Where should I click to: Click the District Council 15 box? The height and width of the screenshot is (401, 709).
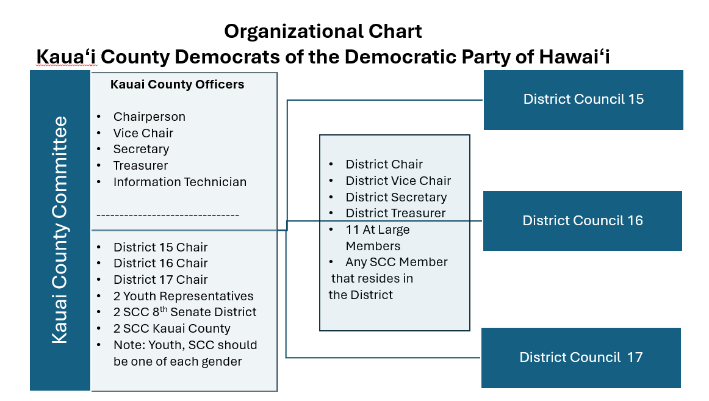[583, 100]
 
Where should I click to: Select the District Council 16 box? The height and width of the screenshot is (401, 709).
[582, 220]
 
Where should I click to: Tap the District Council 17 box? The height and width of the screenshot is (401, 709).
[581, 358]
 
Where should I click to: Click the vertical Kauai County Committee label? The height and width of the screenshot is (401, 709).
[60, 230]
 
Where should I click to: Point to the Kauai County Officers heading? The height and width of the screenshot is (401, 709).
[177, 85]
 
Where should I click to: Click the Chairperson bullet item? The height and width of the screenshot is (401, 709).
[149, 117]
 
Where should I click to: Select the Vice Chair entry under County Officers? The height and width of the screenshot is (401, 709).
[143, 133]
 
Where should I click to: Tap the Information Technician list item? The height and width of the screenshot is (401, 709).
[180, 182]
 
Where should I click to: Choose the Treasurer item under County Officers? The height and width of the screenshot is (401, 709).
[140, 165]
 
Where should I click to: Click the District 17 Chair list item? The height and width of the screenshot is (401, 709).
[160, 280]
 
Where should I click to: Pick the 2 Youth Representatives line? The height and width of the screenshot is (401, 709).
[184, 296]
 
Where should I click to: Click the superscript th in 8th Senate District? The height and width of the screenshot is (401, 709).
[164, 309]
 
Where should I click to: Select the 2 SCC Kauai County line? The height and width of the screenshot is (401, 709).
[172, 328]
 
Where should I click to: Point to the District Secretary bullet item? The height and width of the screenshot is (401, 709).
[396, 197]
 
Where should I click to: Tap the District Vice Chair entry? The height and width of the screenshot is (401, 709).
[398, 181]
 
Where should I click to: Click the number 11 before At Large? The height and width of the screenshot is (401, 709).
[352, 229]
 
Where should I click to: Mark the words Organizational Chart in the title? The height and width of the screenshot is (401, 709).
[323, 31]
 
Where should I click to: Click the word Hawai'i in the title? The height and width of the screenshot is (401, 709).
[574, 57]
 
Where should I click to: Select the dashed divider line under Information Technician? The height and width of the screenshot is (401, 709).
[168, 215]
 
